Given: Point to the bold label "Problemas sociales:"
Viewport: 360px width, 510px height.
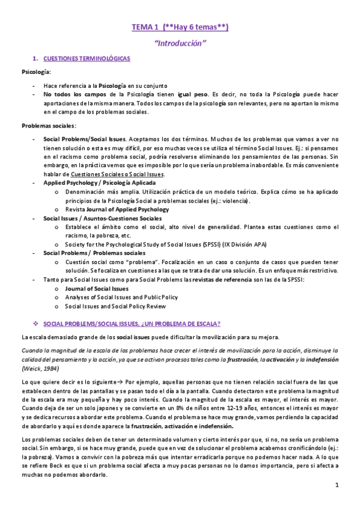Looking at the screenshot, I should [x=49, y=125].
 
